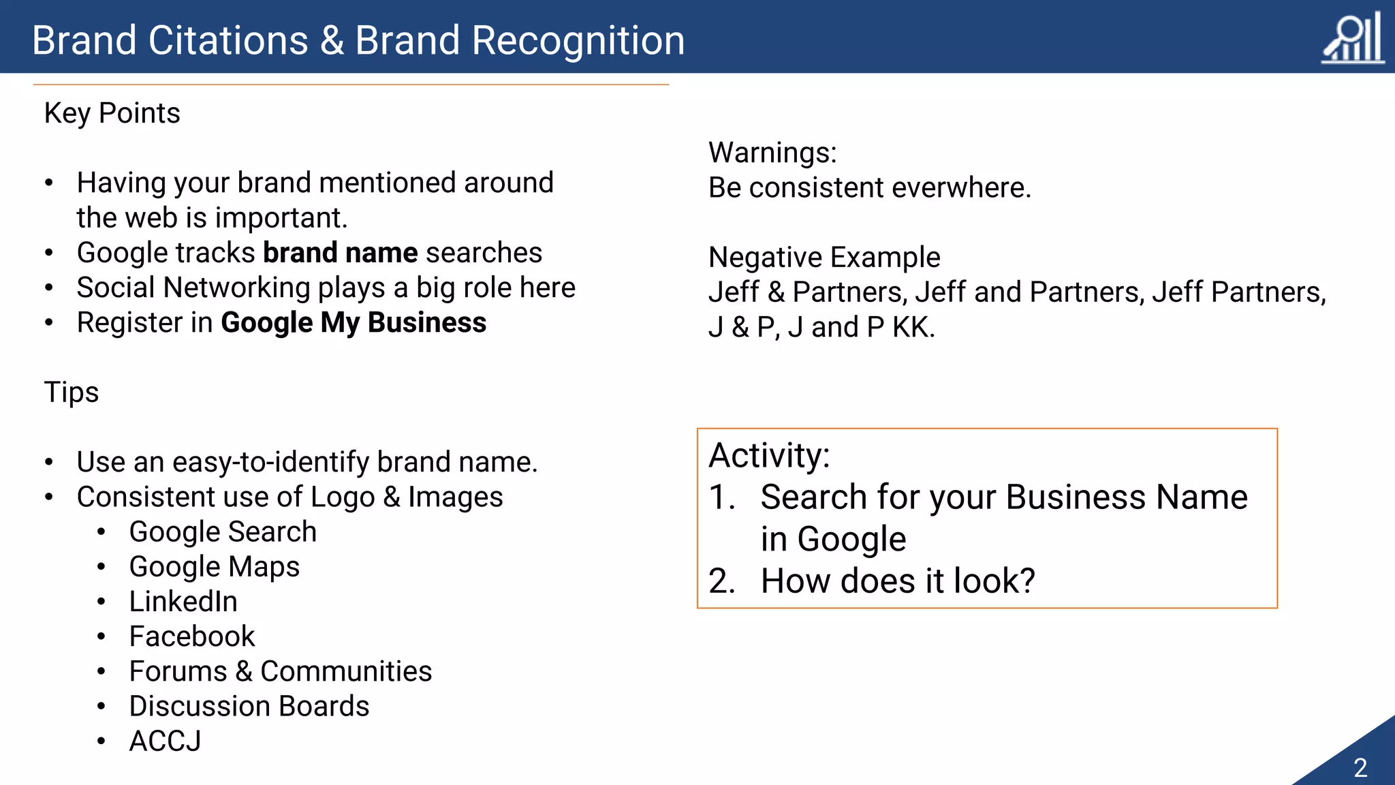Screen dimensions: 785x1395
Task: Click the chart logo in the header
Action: point(1353,39)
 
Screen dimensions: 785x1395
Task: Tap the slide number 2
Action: point(1360,768)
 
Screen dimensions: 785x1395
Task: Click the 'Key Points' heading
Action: point(112,113)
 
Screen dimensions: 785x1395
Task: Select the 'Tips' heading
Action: point(72,392)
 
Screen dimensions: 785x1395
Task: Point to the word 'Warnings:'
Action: point(772,153)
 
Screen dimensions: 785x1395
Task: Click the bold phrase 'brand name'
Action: point(341,253)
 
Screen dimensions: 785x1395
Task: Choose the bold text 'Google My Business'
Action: point(354,323)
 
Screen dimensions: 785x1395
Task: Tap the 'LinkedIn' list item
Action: point(183,602)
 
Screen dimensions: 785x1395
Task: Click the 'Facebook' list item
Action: point(192,636)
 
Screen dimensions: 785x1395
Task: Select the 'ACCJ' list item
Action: point(166,741)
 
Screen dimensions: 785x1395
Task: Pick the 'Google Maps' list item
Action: point(215,567)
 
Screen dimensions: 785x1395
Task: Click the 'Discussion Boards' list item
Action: point(249,707)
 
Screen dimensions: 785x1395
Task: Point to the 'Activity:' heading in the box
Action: point(770,455)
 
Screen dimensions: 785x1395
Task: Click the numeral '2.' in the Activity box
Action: point(722,581)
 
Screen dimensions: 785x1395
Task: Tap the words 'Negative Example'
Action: point(824,258)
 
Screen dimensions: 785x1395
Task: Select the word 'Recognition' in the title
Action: point(578,40)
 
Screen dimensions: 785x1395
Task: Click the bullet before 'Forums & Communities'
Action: point(101,672)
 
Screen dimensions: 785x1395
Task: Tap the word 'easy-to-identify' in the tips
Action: point(270,463)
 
